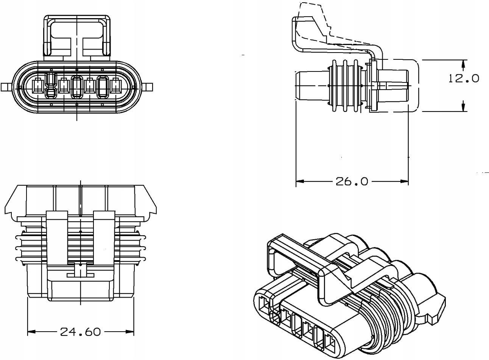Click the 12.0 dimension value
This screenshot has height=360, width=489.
[464, 78]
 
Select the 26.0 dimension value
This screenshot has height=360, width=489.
[352, 182]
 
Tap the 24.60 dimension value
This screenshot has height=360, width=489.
[81, 332]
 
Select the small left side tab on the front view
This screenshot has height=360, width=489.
[5, 87]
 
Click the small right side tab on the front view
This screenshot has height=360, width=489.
[149, 87]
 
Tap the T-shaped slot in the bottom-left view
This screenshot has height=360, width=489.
[80, 272]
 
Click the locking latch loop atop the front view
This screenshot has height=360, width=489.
[77, 36]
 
